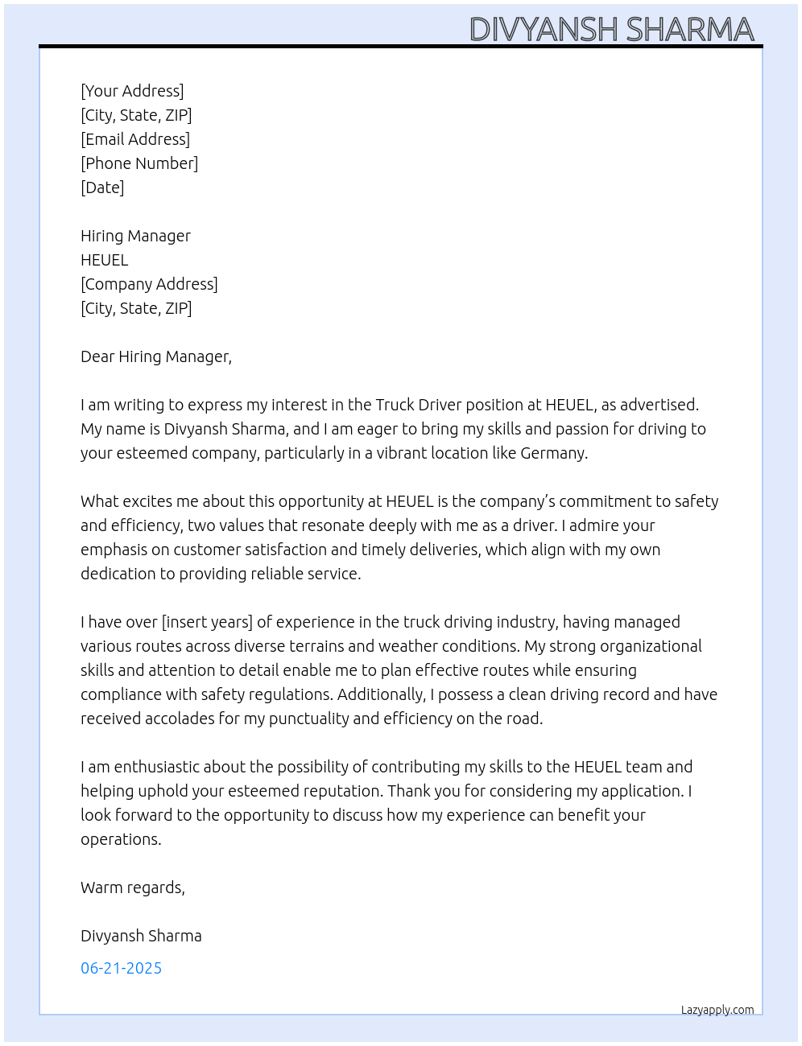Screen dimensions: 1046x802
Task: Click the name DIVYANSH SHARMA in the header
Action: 611,30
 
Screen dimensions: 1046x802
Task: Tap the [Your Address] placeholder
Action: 132,91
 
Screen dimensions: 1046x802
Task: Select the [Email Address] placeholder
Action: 135,139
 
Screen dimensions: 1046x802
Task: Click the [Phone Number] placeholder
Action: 139,163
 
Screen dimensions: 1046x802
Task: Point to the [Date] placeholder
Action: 102,187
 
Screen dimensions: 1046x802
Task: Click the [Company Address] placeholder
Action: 149,284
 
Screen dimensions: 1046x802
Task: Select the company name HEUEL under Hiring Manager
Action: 105,260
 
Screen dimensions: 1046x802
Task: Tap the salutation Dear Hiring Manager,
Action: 156,356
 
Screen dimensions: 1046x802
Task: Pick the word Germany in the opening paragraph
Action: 553,453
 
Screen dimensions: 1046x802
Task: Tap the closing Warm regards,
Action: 133,887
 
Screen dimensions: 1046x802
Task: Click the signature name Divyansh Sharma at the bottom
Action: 141,936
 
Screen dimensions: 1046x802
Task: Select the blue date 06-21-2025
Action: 121,968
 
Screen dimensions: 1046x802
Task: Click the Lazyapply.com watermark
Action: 717,1010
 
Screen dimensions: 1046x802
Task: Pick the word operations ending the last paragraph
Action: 120,839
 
